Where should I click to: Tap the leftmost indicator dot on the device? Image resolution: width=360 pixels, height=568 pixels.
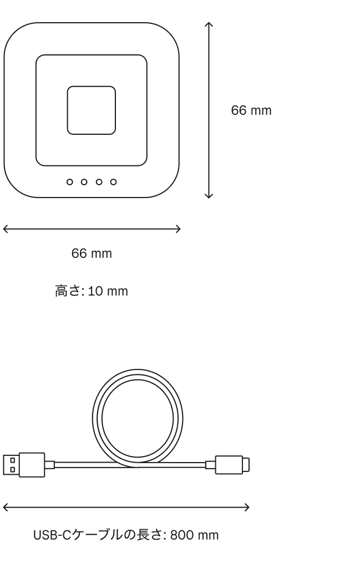(69, 182)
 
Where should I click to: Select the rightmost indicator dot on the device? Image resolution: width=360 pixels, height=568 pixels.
(113, 182)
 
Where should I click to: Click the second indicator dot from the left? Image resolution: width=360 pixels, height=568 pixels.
(84, 182)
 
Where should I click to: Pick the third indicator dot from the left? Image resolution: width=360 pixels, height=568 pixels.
(99, 182)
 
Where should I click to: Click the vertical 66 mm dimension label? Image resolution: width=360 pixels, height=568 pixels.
(251, 110)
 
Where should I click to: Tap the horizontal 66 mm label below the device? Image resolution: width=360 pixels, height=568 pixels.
(92, 253)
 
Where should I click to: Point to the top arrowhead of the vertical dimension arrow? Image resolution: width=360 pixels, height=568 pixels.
(209, 23)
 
